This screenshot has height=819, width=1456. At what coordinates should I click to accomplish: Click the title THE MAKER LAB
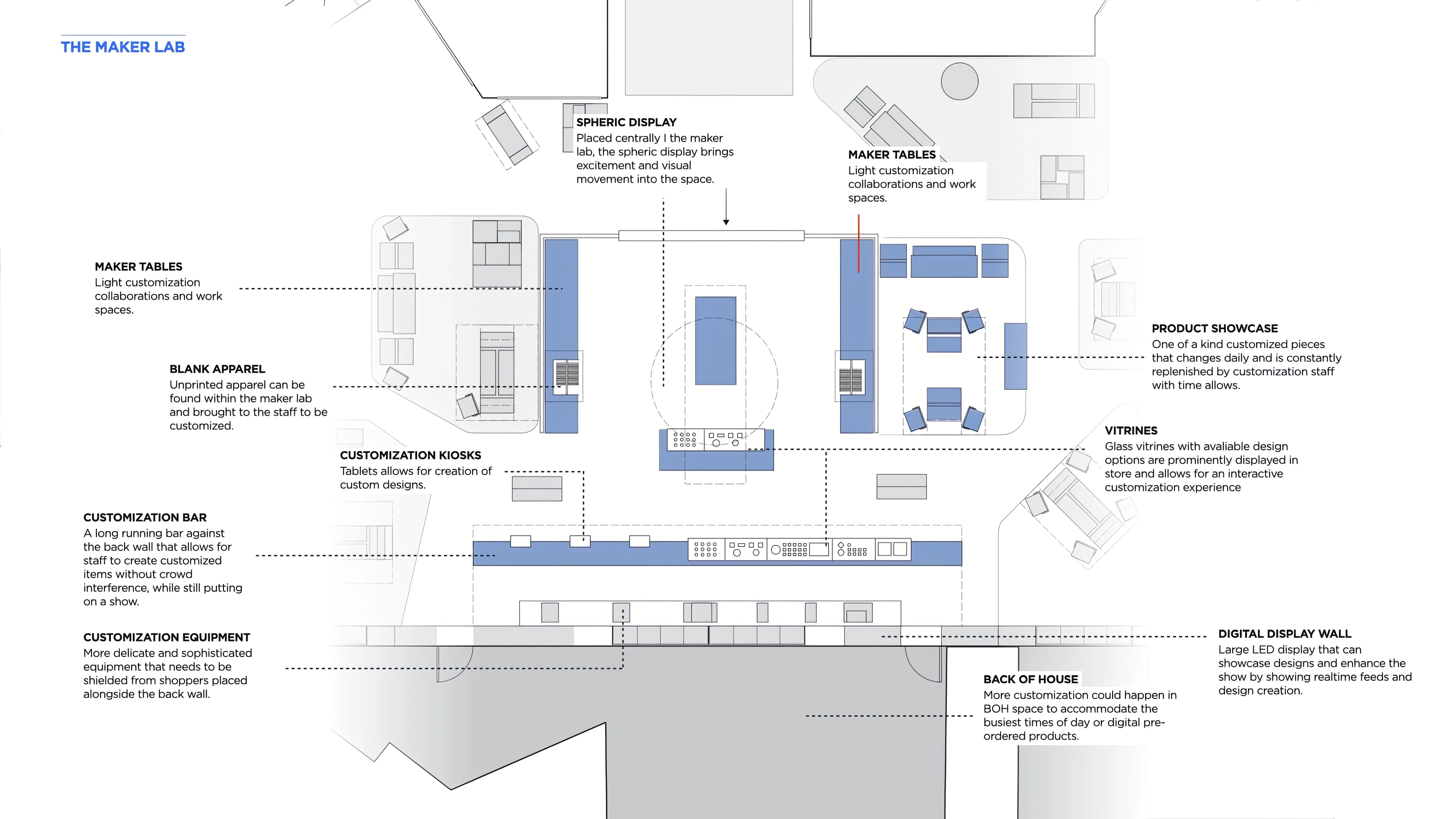click(x=122, y=47)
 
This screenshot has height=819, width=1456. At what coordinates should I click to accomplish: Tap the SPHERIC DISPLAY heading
click(x=626, y=122)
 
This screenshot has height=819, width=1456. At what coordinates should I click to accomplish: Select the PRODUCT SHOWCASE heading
click(x=1214, y=328)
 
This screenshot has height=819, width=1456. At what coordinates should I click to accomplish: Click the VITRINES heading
click(x=1131, y=431)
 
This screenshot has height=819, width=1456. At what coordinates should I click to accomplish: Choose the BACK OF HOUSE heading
click(x=1031, y=679)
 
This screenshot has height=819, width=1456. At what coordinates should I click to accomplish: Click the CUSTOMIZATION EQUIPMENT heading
click(x=167, y=637)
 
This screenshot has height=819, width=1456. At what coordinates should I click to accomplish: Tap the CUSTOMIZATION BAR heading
click(x=145, y=518)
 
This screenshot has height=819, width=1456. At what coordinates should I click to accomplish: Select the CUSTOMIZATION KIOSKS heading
click(x=410, y=455)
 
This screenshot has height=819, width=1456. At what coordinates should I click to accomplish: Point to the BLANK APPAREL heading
click(x=217, y=369)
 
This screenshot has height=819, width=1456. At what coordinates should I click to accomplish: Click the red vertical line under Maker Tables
click(x=858, y=243)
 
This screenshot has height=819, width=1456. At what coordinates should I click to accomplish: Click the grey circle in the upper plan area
click(x=960, y=82)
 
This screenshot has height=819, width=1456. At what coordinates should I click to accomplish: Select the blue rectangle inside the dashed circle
click(x=715, y=341)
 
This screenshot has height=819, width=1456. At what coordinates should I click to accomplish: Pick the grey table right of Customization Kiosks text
click(x=537, y=488)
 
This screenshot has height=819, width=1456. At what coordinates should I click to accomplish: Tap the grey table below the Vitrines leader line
click(x=902, y=486)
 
